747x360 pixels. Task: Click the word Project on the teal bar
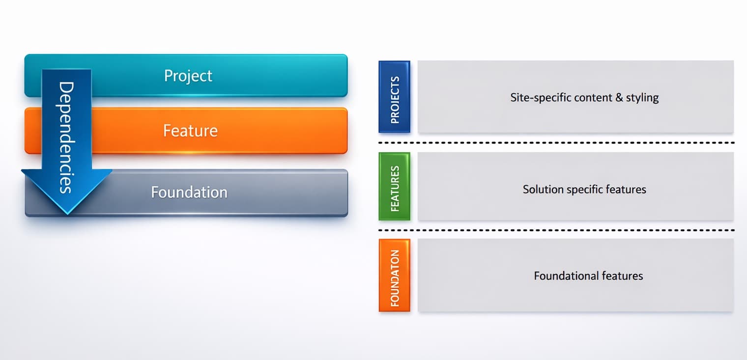tap(188, 76)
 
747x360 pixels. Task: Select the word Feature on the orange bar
tap(190, 131)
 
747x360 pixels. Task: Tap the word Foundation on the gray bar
tap(189, 192)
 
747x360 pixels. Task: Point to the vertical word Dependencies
tap(66, 138)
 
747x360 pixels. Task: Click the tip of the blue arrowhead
tap(66, 213)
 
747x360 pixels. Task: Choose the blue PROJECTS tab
tap(394, 97)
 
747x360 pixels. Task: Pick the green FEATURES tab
tap(394, 186)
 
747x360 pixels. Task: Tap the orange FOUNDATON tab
tap(394, 276)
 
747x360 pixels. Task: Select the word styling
tap(642, 97)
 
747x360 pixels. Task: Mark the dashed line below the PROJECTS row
tap(555, 143)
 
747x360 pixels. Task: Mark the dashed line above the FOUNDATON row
tap(555, 230)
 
